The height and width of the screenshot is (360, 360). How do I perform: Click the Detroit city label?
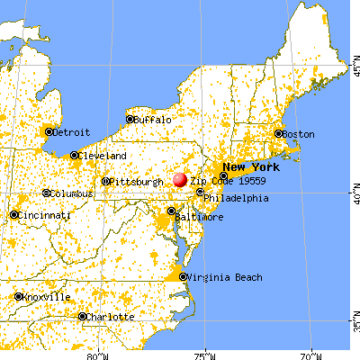coord(71,131)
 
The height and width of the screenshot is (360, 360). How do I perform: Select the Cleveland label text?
coord(102,155)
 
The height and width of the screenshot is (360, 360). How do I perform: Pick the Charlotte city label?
coord(111,317)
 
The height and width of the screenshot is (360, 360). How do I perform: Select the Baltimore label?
coord(199,218)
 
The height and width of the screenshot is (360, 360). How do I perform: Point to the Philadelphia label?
coord(236,198)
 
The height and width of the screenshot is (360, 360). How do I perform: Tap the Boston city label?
coord(299,134)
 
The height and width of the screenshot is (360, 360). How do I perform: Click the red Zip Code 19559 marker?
coord(180,180)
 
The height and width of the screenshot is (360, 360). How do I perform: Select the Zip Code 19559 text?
coord(224,181)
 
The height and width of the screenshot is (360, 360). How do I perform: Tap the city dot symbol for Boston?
coord(280,134)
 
